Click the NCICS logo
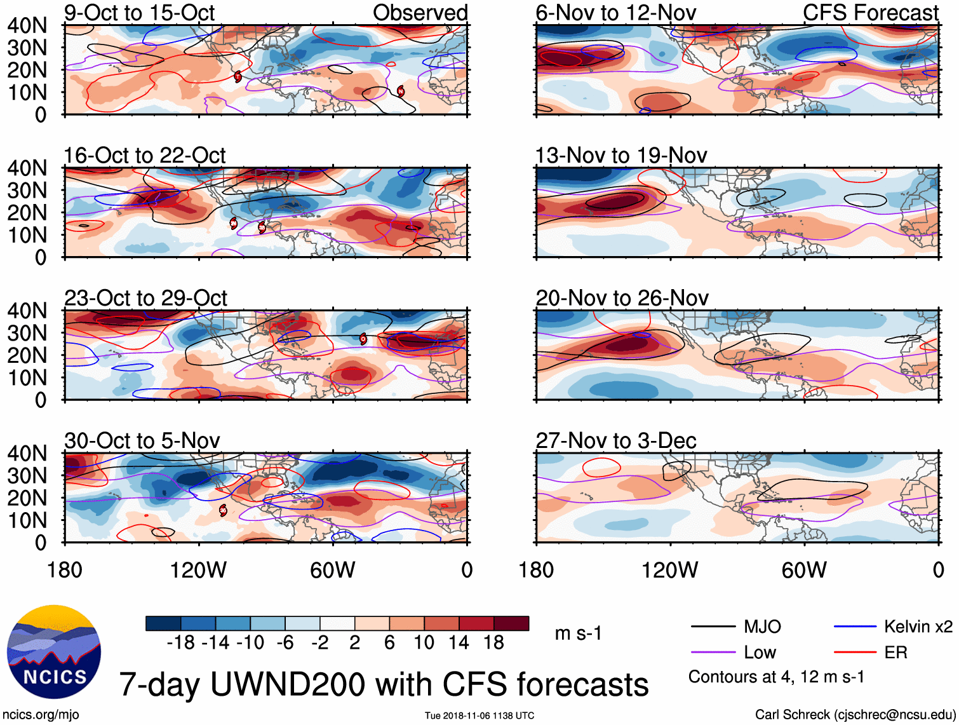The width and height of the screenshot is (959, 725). click(x=53, y=652)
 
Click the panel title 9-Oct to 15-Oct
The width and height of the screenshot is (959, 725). click(x=139, y=13)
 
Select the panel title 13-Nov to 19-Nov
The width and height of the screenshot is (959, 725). click(x=620, y=155)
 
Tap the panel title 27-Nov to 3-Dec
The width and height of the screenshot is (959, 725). click(x=615, y=440)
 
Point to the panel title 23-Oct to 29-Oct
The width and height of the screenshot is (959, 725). click(x=145, y=298)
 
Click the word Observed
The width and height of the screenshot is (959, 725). click(x=420, y=13)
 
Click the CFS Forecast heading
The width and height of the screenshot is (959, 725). click(x=870, y=13)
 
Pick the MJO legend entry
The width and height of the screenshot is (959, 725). click(x=761, y=627)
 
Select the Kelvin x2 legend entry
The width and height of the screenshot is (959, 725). click(x=918, y=627)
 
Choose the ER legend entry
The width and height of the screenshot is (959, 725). click(x=895, y=653)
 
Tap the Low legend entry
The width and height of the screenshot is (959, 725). click(x=760, y=653)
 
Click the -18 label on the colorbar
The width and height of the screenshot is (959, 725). click(x=181, y=642)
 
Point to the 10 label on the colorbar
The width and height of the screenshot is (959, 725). click(x=424, y=642)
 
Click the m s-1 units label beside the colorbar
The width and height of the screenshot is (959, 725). click(x=578, y=634)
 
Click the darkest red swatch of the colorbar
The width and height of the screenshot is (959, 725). click(x=511, y=623)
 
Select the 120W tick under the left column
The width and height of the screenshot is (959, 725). click(x=198, y=570)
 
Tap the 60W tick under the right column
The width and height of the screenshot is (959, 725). click(x=804, y=570)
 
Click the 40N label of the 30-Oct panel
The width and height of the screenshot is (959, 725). click(x=27, y=453)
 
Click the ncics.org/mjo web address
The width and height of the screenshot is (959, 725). click(x=41, y=714)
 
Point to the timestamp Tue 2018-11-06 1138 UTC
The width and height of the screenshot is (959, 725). click(x=479, y=715)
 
